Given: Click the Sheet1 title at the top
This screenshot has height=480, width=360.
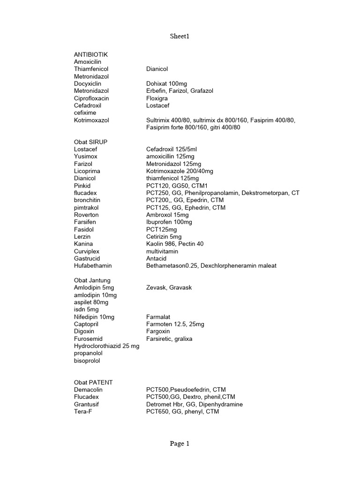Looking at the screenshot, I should point(180,36).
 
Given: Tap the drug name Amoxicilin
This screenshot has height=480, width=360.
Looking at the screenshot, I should point(88,62).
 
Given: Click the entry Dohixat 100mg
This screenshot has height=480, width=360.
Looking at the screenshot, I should point(166,84).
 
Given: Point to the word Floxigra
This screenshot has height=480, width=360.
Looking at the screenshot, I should point(157,98).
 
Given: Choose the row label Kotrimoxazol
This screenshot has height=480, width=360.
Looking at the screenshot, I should point(91,120).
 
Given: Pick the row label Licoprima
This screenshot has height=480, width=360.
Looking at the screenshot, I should point(87,171).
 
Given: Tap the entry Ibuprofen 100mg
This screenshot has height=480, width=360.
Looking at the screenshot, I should point(169,222).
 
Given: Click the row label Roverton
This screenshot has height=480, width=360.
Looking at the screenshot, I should point(87,215).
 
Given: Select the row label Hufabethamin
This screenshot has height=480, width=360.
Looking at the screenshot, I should point(93,266).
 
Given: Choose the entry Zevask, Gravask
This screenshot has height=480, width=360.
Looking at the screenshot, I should point(169,287).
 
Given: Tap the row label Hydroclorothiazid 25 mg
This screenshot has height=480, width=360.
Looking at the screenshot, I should point(107,346).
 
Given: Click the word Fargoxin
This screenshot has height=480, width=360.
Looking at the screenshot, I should point(158,331).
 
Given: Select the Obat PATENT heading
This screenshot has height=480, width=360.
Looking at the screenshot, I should point(93,382).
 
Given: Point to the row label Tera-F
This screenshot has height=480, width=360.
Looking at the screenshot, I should point(83,412).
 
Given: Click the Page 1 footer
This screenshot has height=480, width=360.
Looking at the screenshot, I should point(180,444).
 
